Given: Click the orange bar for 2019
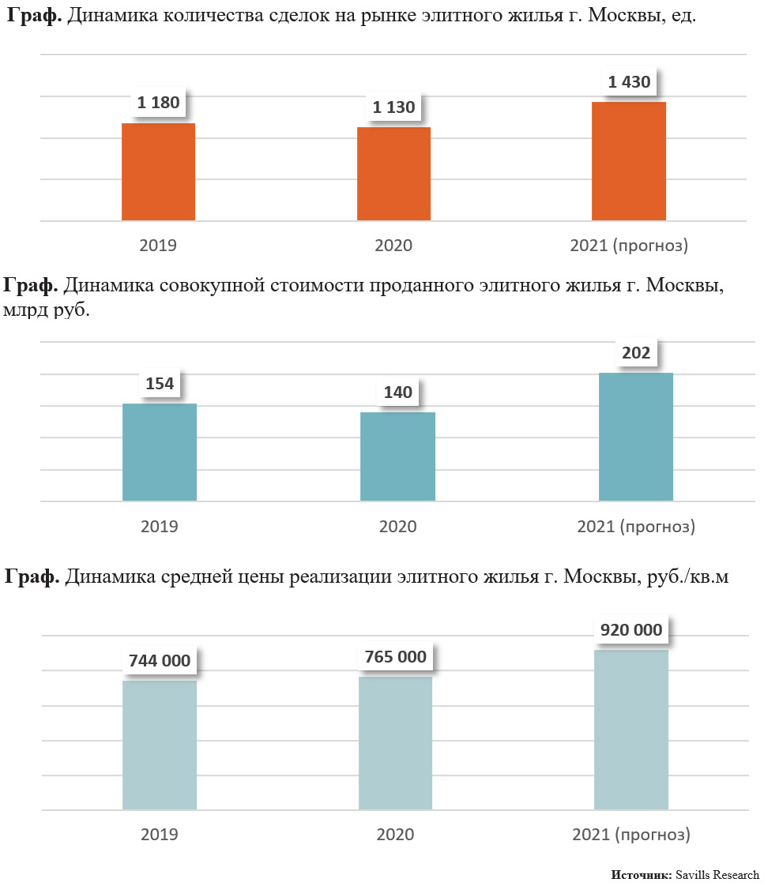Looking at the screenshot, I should tap(158, 171).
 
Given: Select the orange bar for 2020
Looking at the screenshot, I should tap(393, 174).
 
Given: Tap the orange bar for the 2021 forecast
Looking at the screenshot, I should tap(629, 161).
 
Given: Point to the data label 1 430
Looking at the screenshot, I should tap(629, 81).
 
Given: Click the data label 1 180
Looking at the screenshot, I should tap(158, 103).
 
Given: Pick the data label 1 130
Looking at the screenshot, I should tap(393, 107).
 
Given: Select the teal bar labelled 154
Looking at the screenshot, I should tap(160, 452).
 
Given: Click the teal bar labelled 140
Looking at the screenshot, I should tap(397, 456).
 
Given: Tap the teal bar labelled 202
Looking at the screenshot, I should tap(636, 436).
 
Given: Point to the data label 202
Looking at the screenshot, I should tap(636, 352).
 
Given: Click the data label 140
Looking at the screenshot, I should tap(397, 392).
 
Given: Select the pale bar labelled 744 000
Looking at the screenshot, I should tap(160, 745).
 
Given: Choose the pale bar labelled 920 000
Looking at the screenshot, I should tap(631, 730).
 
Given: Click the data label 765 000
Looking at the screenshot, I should tap(395, 657).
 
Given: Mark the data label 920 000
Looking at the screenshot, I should tap(631, 630).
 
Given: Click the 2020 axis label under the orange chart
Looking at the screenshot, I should tap(393, 246).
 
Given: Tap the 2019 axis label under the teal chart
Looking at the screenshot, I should tap(160, 527).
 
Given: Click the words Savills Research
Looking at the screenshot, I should tap(717, 875).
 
